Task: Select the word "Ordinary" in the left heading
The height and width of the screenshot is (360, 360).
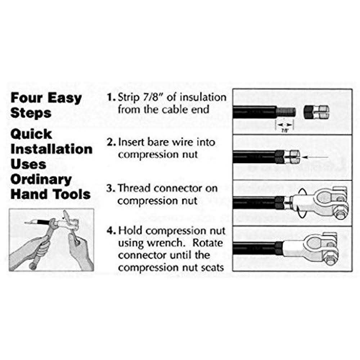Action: click(x=41, y=179)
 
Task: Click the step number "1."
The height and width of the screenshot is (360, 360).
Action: click(x=111, y=97)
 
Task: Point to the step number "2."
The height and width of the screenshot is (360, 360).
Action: click(x=111, y=142)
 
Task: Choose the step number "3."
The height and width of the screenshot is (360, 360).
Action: click(x=111, y=188)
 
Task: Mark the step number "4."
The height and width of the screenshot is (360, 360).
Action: click(x=111, y=230)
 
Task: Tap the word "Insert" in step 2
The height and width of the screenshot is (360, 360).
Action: click(x=131, y=142)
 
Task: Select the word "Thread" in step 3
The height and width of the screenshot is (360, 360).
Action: click(x=136, y=188)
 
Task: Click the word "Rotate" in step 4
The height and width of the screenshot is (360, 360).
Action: click(x=208, y=243)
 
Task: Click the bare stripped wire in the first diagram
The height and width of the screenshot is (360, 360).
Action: click(x=286, y=112)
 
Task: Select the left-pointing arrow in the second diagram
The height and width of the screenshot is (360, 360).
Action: click(x=315, y=157)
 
